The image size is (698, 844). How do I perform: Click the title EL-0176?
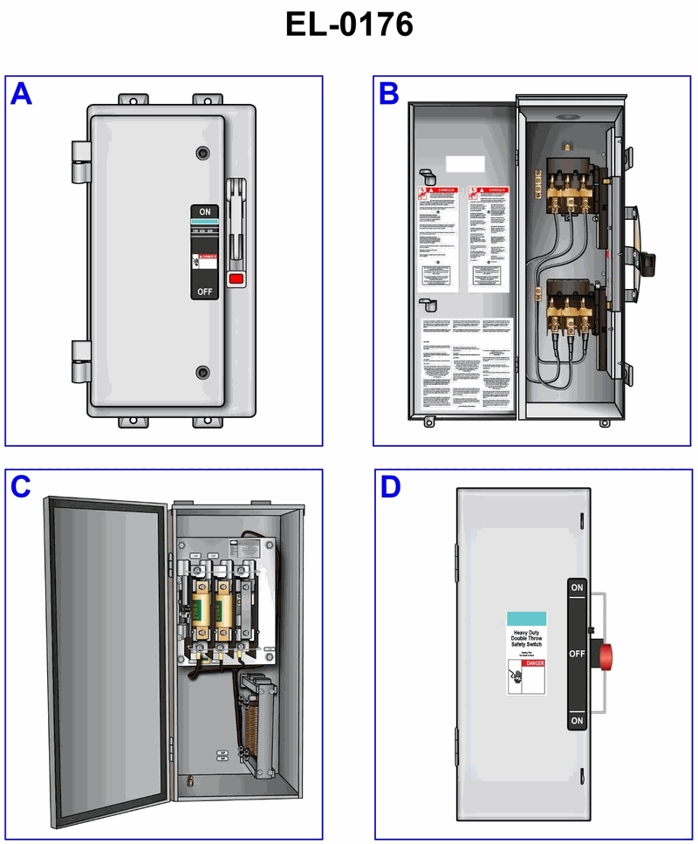(x=349, y=24)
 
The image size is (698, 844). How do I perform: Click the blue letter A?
(x=21, y=93)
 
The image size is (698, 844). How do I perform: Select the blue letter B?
(x=389, y=93)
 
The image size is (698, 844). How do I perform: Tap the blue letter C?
(x=21, y=487)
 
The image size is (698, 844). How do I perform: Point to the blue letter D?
(x=389, y=487)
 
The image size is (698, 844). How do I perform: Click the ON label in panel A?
(x=204, y=212)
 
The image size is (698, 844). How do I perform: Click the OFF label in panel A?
(x=204, y=291)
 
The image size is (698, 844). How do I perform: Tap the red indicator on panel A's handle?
(x=235, y=279)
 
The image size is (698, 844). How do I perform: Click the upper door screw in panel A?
(x=203, y=153)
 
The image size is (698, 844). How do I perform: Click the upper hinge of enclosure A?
(x=80, y=153)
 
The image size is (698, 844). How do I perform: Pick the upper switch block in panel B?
(x=567, y=185)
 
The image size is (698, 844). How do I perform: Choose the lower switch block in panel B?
(x=567, y=307)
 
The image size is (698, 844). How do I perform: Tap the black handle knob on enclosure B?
(x=648, y=259)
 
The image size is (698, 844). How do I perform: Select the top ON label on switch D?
(x=577, y=588)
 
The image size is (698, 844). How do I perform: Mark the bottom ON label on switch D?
(x=577, y=721)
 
